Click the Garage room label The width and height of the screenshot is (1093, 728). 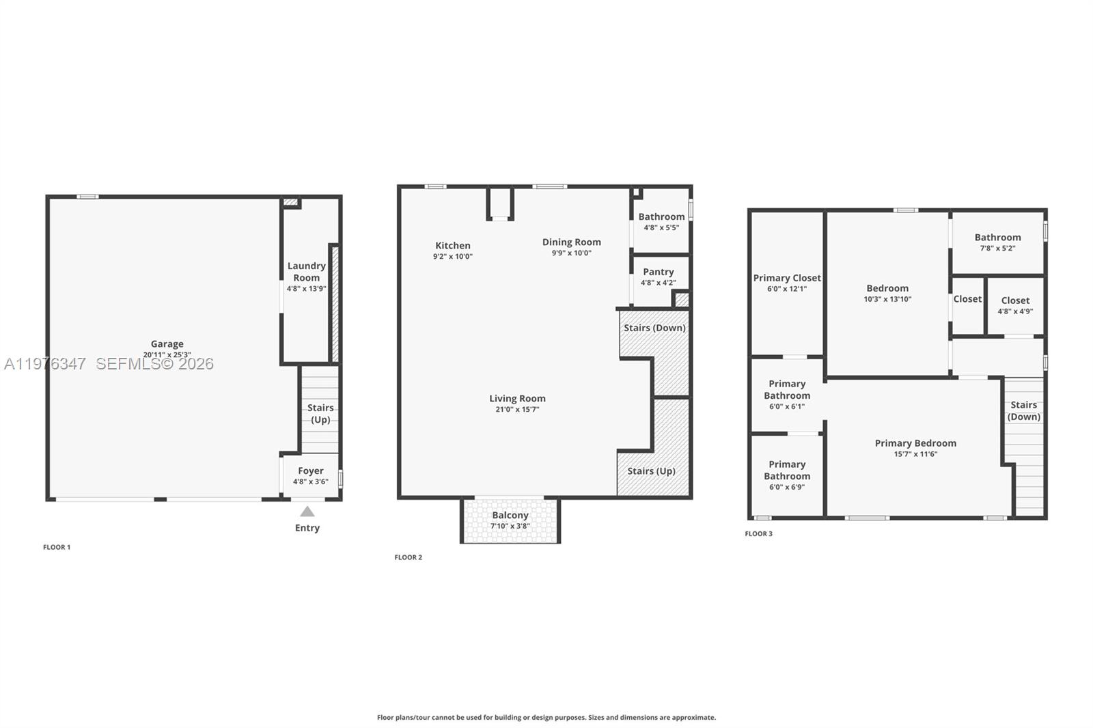(167, 344)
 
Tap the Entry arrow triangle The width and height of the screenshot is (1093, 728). (307, 512)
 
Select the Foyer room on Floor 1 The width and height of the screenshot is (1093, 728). (311, 475)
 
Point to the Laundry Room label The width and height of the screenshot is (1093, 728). (306, 272)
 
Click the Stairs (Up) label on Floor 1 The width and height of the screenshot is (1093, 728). (320, 413)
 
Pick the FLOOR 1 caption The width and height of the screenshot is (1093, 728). (57, 547)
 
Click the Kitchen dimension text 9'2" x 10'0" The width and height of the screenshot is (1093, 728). (453, 257)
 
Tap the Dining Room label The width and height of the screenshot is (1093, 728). (572, 242)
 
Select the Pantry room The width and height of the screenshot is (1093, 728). (658, 277)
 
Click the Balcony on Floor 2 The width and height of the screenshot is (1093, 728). (510, 520)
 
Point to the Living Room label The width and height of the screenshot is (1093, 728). (517, 398)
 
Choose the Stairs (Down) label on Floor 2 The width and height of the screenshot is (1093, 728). (654, 328)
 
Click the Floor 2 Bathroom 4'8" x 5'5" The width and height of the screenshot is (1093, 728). (661, 221)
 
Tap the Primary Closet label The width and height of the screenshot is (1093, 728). (787, 278)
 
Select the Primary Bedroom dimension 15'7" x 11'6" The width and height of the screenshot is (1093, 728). (915, 454)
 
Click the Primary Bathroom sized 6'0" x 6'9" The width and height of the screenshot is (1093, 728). (787, 475)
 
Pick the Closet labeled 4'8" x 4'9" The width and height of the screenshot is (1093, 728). (1015, 305)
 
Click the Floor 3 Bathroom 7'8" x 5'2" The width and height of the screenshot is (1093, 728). (997, 242)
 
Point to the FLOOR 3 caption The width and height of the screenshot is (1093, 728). (758, 533)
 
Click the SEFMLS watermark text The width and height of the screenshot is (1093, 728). (154, 364)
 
